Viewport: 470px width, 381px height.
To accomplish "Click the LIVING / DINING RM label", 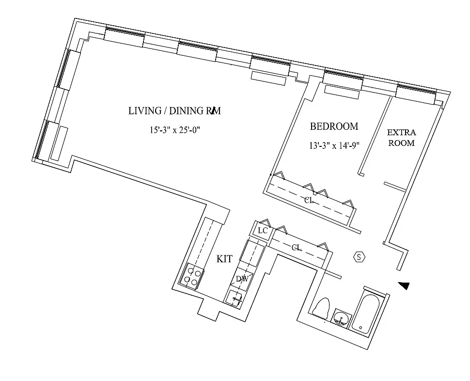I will [x=174, y=111].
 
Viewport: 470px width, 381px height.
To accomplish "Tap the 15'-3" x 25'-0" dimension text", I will [x=174, y=130].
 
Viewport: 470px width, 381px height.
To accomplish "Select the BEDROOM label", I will [x=334, y=127].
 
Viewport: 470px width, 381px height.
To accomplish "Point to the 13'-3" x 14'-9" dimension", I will [x=334, y=146].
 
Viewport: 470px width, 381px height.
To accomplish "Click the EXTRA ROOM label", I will [x=401, y=138].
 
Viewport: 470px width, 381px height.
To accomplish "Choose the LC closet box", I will [x=262, y=231].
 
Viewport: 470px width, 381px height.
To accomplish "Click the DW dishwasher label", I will [x=242, y=278].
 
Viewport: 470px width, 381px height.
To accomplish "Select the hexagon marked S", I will [x=359, y=257].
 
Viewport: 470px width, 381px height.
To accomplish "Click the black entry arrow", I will [x=404, y=286].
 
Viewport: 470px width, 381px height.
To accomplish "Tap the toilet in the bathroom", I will [x=321, y=308].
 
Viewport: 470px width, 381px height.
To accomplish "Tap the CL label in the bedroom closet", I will [x=309, y=200].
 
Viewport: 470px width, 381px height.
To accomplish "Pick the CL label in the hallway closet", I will [x=297, y=247].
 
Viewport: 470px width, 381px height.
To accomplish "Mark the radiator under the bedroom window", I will [x=341, y=91].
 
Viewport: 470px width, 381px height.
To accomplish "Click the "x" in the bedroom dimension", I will [x=334, y=146].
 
